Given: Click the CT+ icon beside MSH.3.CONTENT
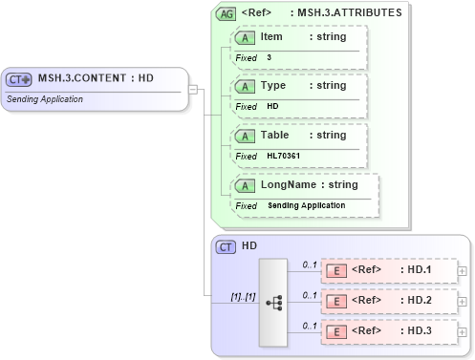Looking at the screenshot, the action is (19, 80).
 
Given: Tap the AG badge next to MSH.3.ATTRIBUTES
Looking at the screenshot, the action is (226, 14).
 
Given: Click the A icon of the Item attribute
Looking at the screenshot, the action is (245, 36).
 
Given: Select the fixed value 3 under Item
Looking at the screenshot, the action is (270, 57).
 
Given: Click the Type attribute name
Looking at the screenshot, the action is (273, 85).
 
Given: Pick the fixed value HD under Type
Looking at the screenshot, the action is (272, 106).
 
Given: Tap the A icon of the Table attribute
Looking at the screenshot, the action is (245, 135).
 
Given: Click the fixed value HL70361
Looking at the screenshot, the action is (284, 155).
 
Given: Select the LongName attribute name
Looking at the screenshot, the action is (287, 183).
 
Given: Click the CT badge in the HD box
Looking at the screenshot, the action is (227, 246).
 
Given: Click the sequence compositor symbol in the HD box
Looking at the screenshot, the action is (273, 302).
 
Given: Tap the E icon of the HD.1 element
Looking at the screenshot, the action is (336, 270).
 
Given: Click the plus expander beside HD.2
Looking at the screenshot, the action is (463, 302).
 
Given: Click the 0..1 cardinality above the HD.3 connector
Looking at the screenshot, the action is (309, 325).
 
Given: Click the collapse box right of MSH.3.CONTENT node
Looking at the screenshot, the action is (193, 90).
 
